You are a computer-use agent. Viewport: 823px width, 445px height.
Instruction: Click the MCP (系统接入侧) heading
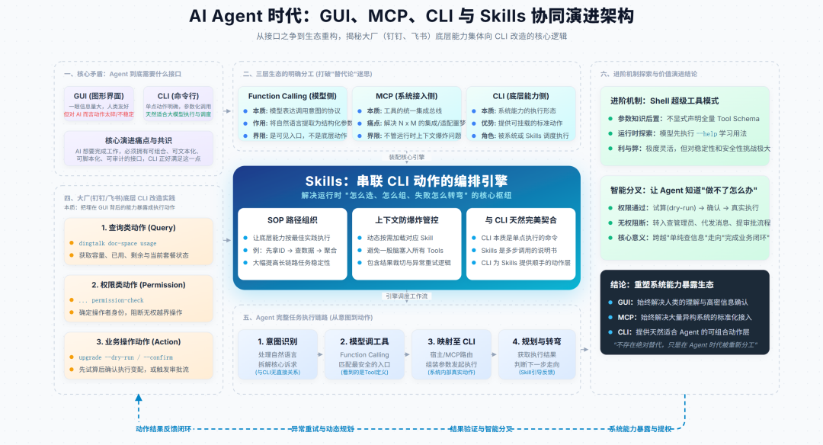(406, 96)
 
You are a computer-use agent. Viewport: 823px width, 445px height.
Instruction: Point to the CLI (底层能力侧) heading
(520, 96)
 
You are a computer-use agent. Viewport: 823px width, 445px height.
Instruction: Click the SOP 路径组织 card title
(292, 220)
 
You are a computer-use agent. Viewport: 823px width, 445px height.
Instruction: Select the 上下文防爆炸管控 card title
(406, 220)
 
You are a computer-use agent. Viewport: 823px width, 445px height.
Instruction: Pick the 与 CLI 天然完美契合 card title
(520, 220)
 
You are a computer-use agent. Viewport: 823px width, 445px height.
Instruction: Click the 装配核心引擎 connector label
(406, 157)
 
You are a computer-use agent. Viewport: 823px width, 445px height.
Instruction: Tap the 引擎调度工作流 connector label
(406, 296)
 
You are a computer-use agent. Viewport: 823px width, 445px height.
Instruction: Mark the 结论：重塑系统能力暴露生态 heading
(662, 284)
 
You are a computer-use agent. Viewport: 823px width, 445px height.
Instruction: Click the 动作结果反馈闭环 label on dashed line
(164, 429)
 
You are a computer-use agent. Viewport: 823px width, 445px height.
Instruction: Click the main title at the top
(411, 16)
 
